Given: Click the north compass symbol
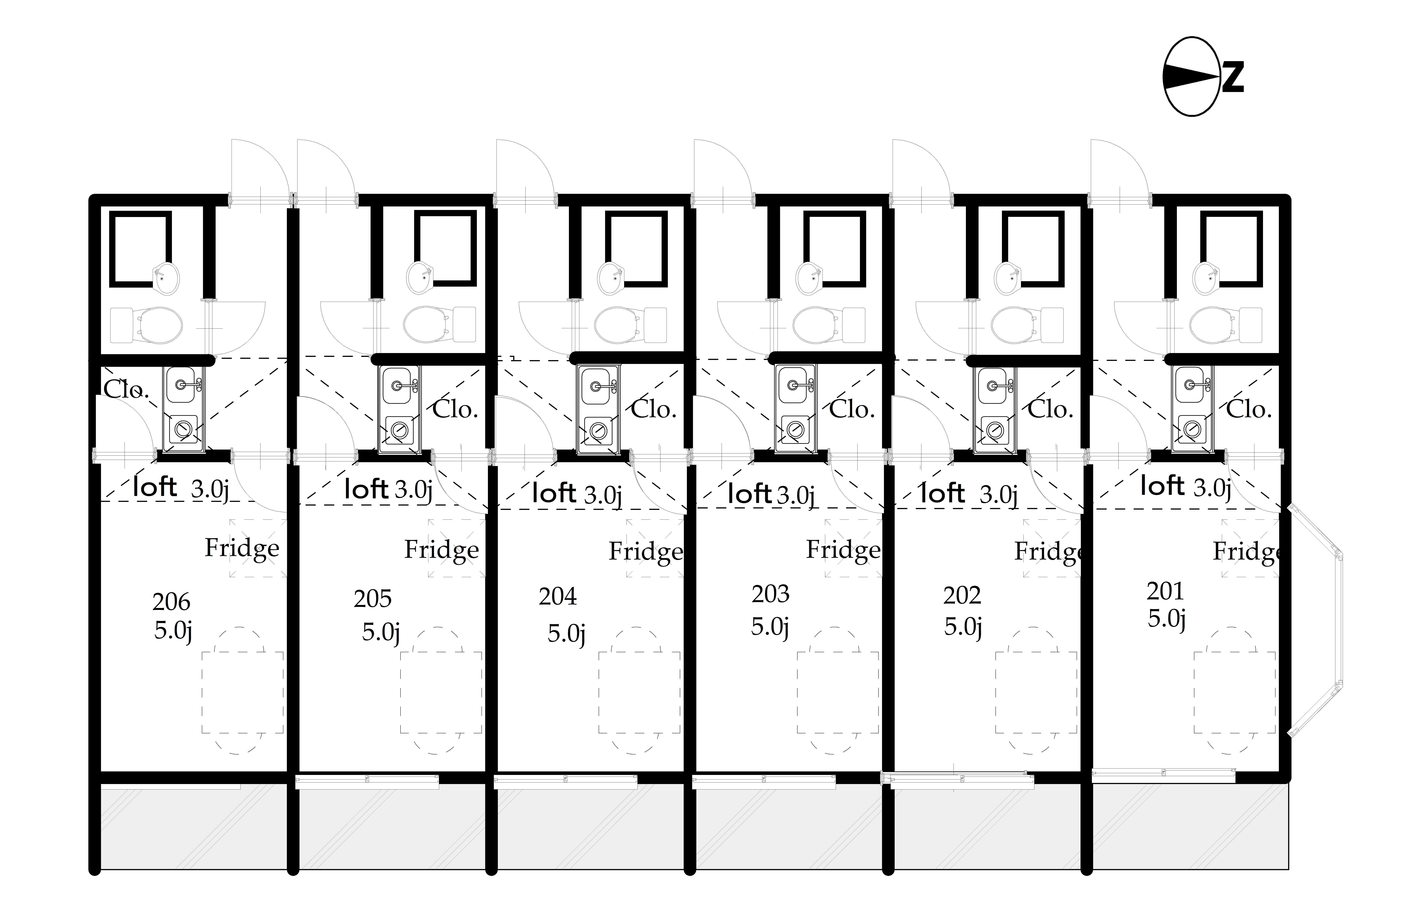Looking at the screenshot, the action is click(1203, 77).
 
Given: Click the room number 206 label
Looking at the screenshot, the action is click(171, 602).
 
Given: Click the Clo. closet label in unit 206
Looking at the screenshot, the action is click(126, 390).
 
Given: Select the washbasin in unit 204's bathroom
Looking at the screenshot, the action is click(611, 278).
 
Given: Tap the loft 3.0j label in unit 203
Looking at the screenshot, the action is click(772, 495).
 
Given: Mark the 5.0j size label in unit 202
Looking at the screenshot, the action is click(963, 627).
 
